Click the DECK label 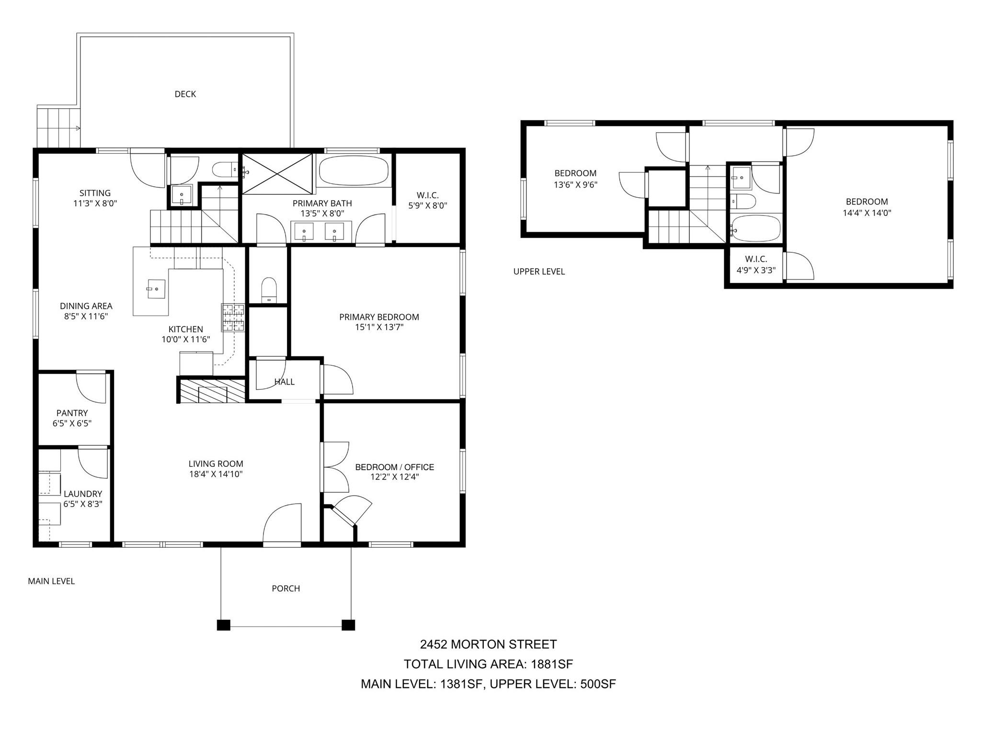[x=185, y=94]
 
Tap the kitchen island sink [x=156, y=289]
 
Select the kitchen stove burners [x=233, y=318]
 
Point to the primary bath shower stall [x=277, y=174]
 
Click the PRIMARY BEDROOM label [x=379, y=317]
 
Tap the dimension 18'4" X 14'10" [x=216, y=474]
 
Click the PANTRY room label [x=72, y=413]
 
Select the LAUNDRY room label [x=83, y=494]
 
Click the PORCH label [x=285, y=588]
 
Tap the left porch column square [x=223, y=625]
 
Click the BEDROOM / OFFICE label [x=394, y=467]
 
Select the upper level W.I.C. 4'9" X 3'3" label [x=756, y=265]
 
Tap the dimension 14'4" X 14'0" [x=867, y=213]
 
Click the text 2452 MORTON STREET [x=488, y=645]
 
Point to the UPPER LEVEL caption [x=539, y=271]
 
